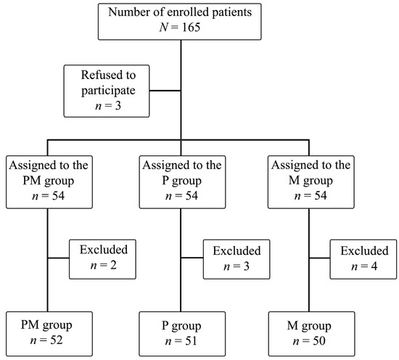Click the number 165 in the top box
[x=191, y=27]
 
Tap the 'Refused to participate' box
[x=107, y=91]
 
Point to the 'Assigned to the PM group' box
[x=49, y=182]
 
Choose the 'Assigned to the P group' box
[x=182, y=182]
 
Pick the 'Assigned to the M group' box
[x=311, y=182]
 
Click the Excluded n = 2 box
[x=102, y=259]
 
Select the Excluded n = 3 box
[x=236, y=259]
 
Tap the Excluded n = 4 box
[x=363, y=259]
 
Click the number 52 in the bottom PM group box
[x=57, y=340]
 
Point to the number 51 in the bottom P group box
[x=191, y=341]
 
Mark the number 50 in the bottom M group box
[x=319, y=341]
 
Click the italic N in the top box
[x=164, y=28]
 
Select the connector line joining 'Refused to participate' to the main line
[x=165, y=91]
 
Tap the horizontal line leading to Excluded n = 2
[x=59, y=258]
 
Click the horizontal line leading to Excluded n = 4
[x=320, y=258]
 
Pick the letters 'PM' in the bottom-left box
[x=30, y=324]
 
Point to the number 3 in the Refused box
[x=118, y=106]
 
